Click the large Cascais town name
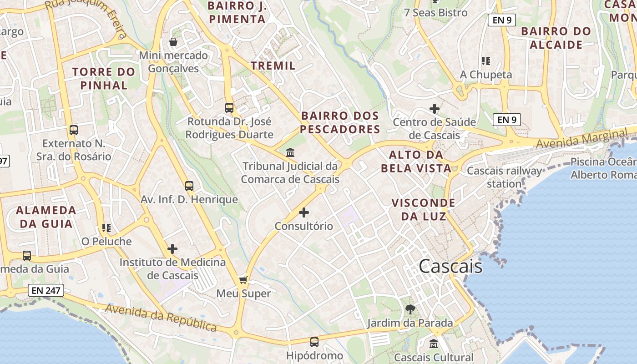point(450,266)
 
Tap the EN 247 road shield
point(46,290)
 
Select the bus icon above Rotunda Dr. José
point(229,108)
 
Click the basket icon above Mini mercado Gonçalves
point(173,42)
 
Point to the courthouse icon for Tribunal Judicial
point(290,152)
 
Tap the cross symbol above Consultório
point(304,212)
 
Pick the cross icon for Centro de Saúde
point(435,109)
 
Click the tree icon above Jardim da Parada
point(410,309)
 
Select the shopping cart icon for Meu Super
point(243,280)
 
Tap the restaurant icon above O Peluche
point(106,227)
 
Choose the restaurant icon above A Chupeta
point(486,61)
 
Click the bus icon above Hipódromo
point(314,342)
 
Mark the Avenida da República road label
point(161,317)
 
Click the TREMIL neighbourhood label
point(273,66)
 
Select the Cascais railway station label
point(505,177)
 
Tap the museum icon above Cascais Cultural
point(434,344)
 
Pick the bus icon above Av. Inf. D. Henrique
point(189,186)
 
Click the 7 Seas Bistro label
point(436,13)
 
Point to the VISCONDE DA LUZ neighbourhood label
point(423,209)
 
